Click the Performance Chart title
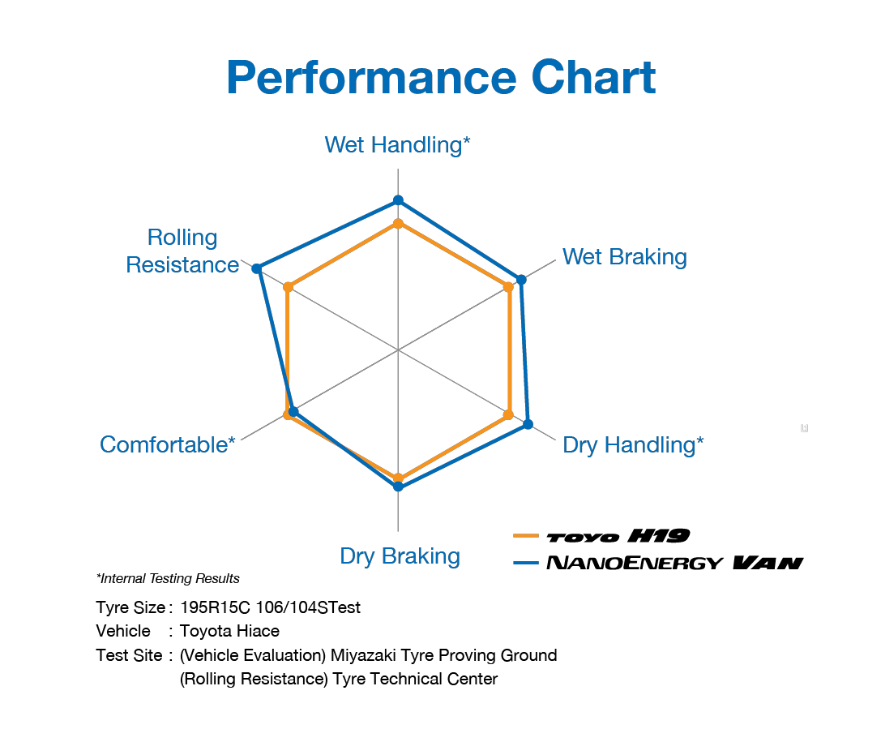point(440,78)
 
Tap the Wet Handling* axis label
point(397,145)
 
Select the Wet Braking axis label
point(624,257)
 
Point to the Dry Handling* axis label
point(632,444)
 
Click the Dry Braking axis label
point(400,556)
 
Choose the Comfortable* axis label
point(168,444)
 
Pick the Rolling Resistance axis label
point(183,251)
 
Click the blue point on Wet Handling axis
point(398,199)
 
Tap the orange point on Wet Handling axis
point(398,223)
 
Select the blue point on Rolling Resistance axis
point(257,268)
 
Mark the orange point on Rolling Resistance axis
point(288,287)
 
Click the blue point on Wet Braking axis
point(521,280)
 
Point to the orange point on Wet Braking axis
point(508,287)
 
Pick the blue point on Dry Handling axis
point(528,424)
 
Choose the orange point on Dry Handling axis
point(508,414)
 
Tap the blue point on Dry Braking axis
point(398,487)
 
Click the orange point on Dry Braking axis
point(398,478)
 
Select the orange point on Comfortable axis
point(287,415)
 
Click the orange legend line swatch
point(526,535)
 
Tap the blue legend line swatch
point(526,562)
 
